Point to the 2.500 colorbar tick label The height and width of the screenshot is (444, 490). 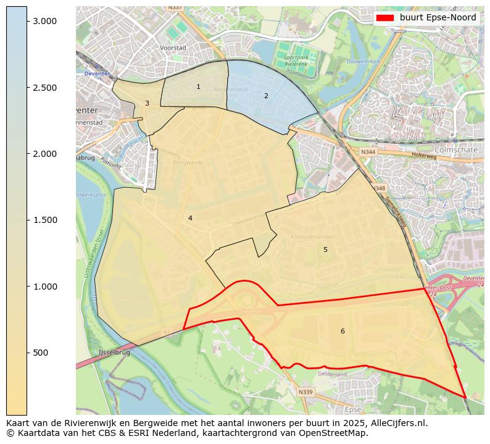click(x=44, y=88)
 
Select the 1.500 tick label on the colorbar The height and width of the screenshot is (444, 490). click(x=44, y=220)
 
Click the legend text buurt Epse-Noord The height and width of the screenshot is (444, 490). click(x=438, y=18)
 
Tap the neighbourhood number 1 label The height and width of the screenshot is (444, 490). click(x=198, y=87)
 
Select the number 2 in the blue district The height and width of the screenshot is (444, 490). click(x=266, y=96)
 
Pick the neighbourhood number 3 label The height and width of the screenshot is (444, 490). click(x=147, y=104)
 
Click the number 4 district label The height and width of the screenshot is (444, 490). click(x=190, y=219)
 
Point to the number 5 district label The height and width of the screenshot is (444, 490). click(x=325, y=250)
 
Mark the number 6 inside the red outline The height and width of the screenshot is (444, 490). click(x=343, y=332)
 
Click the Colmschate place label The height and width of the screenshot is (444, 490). click(x=456, y=149)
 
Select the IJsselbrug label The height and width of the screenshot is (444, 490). click(x=114, y=353)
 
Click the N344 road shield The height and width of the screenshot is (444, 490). click(x=368, y=152)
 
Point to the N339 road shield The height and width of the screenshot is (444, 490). click(x=305, y=392)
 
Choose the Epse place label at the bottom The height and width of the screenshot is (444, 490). click(x=353, y=409)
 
